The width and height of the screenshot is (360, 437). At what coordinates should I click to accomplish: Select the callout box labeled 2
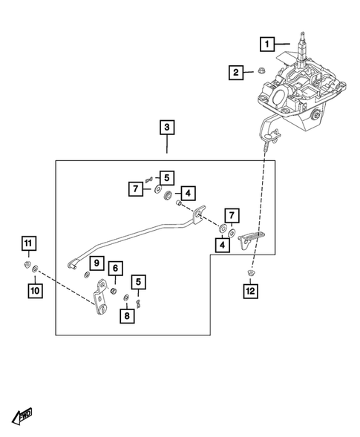236,73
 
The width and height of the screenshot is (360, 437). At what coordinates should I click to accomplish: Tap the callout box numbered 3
167,128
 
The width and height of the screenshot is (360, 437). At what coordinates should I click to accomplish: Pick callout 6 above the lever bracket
115,268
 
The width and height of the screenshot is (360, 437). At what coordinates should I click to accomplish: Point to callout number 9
96,263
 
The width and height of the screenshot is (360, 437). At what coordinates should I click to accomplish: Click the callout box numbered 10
35,291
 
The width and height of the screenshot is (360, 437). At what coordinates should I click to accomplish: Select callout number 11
27,243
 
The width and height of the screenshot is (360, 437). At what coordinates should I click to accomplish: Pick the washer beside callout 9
87,275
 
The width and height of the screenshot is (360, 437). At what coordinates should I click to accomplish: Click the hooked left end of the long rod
71,261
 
